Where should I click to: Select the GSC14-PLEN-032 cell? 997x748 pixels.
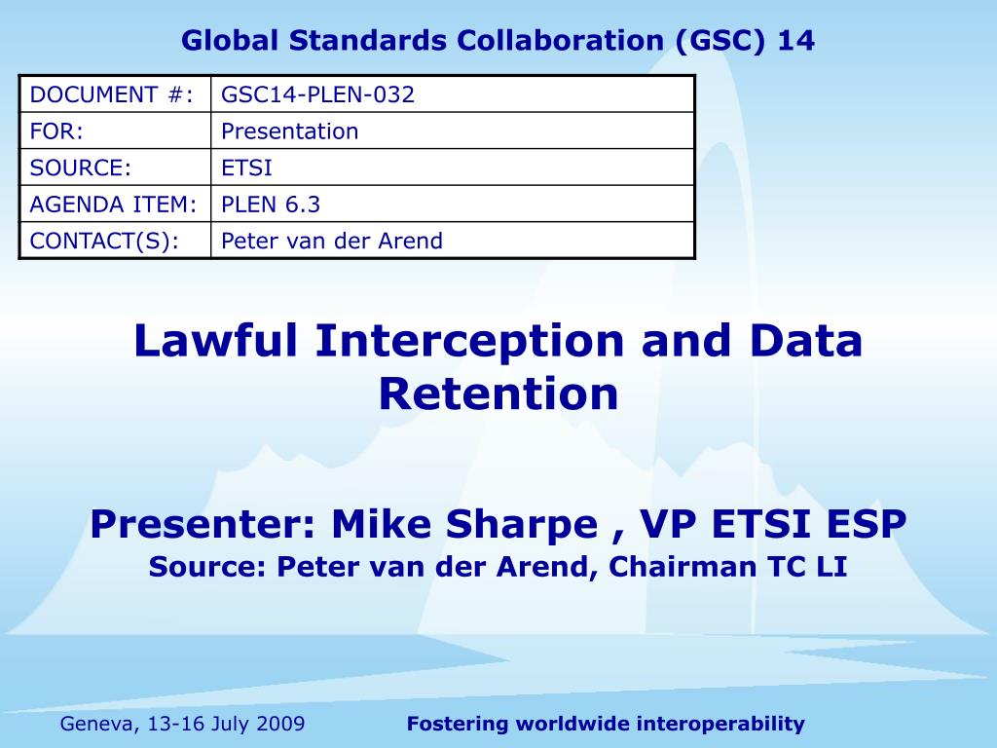point(317,94)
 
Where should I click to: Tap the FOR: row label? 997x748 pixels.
point(56,131)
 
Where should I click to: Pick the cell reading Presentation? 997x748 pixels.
point(290,131)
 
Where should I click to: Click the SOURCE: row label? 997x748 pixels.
point(81,168)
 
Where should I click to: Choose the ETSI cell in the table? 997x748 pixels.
point(247,168)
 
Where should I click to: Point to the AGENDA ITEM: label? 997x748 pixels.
point(113,204)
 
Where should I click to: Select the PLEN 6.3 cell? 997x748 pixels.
point(271,204)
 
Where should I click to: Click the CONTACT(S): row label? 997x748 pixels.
point(105,241)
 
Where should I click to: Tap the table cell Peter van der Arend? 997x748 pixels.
point(332,241)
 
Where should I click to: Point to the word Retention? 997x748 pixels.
point(498,393)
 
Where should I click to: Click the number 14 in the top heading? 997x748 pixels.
point(795,41)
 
